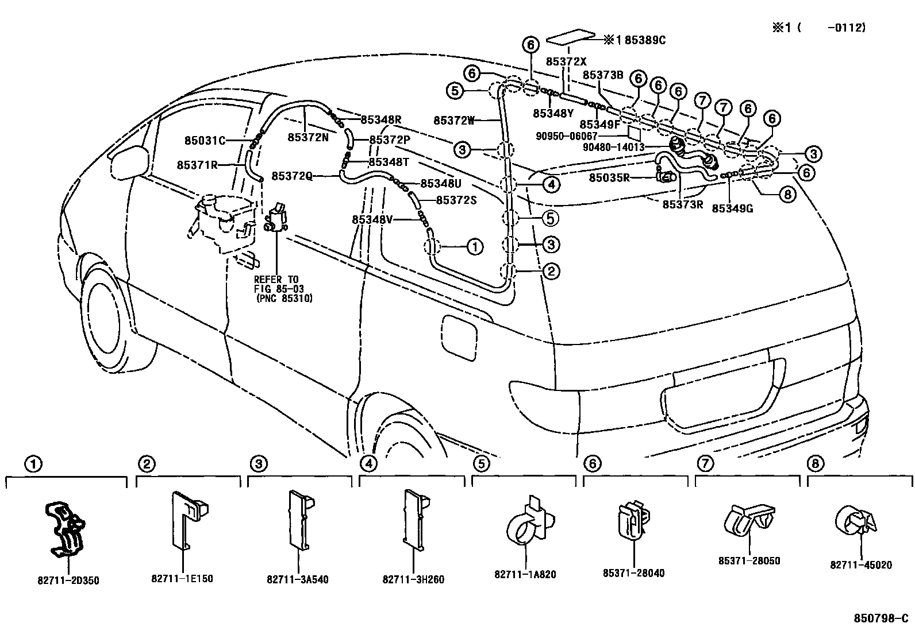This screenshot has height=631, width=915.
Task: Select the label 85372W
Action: pos(453,121)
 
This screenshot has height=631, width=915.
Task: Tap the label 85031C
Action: pos(205,140)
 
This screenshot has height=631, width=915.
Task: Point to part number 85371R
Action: pos(197,165)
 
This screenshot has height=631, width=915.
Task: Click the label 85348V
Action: pos(372,219)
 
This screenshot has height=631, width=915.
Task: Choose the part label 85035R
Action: pos(609,178)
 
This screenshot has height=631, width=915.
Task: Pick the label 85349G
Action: pos(732,208)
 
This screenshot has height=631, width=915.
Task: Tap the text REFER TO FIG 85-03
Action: pos(279,284)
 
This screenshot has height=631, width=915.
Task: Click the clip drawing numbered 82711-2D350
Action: pos(65,529)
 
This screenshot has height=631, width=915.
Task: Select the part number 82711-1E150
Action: pos(182,579)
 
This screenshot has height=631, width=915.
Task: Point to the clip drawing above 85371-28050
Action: pos(748,520)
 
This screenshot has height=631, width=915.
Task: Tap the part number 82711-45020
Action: pos(860,565)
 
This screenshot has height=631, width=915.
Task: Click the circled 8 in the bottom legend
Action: pos(814,463)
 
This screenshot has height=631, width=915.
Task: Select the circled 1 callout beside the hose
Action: pos(475,247)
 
